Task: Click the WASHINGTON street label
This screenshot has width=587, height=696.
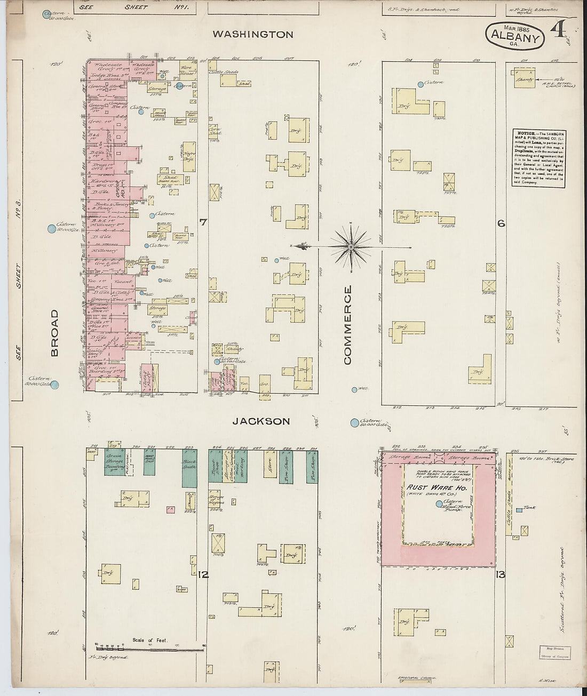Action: [x=253, y=35]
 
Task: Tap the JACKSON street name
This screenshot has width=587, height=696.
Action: [x=261, y=421]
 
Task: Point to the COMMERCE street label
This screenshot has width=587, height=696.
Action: [x=348, y=325]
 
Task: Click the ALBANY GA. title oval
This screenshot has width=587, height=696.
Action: [x=514, y=36]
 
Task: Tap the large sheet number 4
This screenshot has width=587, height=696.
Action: [x=559, y=31]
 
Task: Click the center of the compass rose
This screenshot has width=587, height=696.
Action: [x=351, y=247]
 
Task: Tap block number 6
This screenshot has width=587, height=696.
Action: [x=501, y=223]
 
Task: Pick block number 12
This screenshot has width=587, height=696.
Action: [x=203, y=574]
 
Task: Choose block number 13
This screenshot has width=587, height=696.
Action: [x=500, y=574]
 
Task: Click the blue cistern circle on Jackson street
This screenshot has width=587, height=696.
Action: [x=354, y=423]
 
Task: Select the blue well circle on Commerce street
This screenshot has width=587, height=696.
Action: [x=354, y=390]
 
